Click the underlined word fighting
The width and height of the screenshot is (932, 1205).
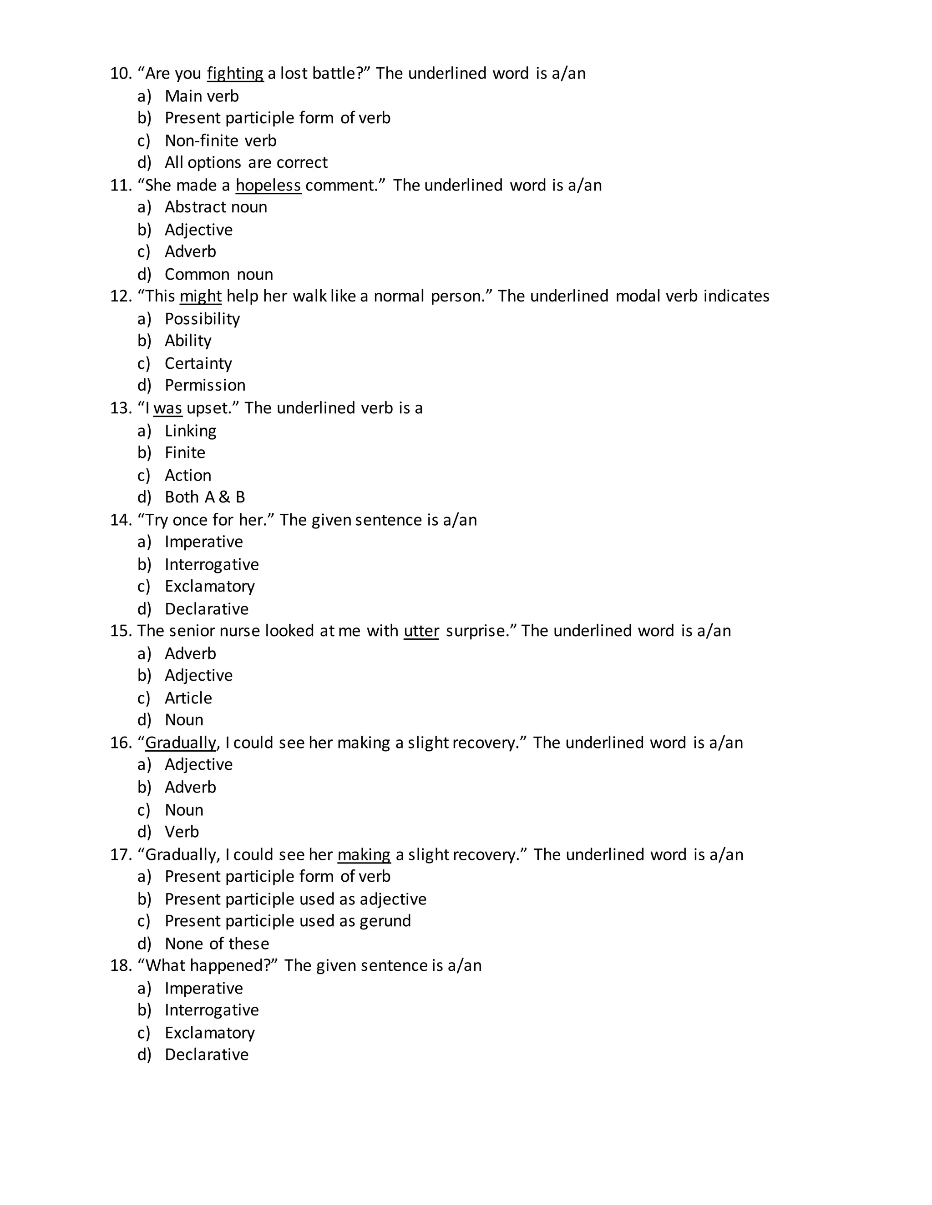tap(235, 73)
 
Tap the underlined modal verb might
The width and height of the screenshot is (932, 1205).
tap(200, 296)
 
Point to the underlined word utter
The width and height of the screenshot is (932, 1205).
tap(421, 631)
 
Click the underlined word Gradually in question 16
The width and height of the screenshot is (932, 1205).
tap(181, 743)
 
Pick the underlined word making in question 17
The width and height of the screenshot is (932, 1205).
tap(364, 855)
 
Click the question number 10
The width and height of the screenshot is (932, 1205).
tap(121, 73)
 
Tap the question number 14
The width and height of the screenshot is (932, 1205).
tap(121, 520)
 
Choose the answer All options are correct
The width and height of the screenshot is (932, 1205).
tap(246, 162)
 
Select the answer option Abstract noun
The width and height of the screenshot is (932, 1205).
tap(216, 207)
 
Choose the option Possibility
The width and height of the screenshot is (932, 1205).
tap(202, 319)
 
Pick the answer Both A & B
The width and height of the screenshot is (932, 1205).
tap(205, 497)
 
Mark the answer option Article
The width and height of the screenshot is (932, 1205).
tap(188, 698)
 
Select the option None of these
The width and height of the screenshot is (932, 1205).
tap(217, 944)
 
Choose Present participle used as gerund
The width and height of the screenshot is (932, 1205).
tap(288, 921)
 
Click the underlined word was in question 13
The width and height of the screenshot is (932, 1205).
tap(167, 408)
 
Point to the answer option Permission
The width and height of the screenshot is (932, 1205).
tap(205, 385)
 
